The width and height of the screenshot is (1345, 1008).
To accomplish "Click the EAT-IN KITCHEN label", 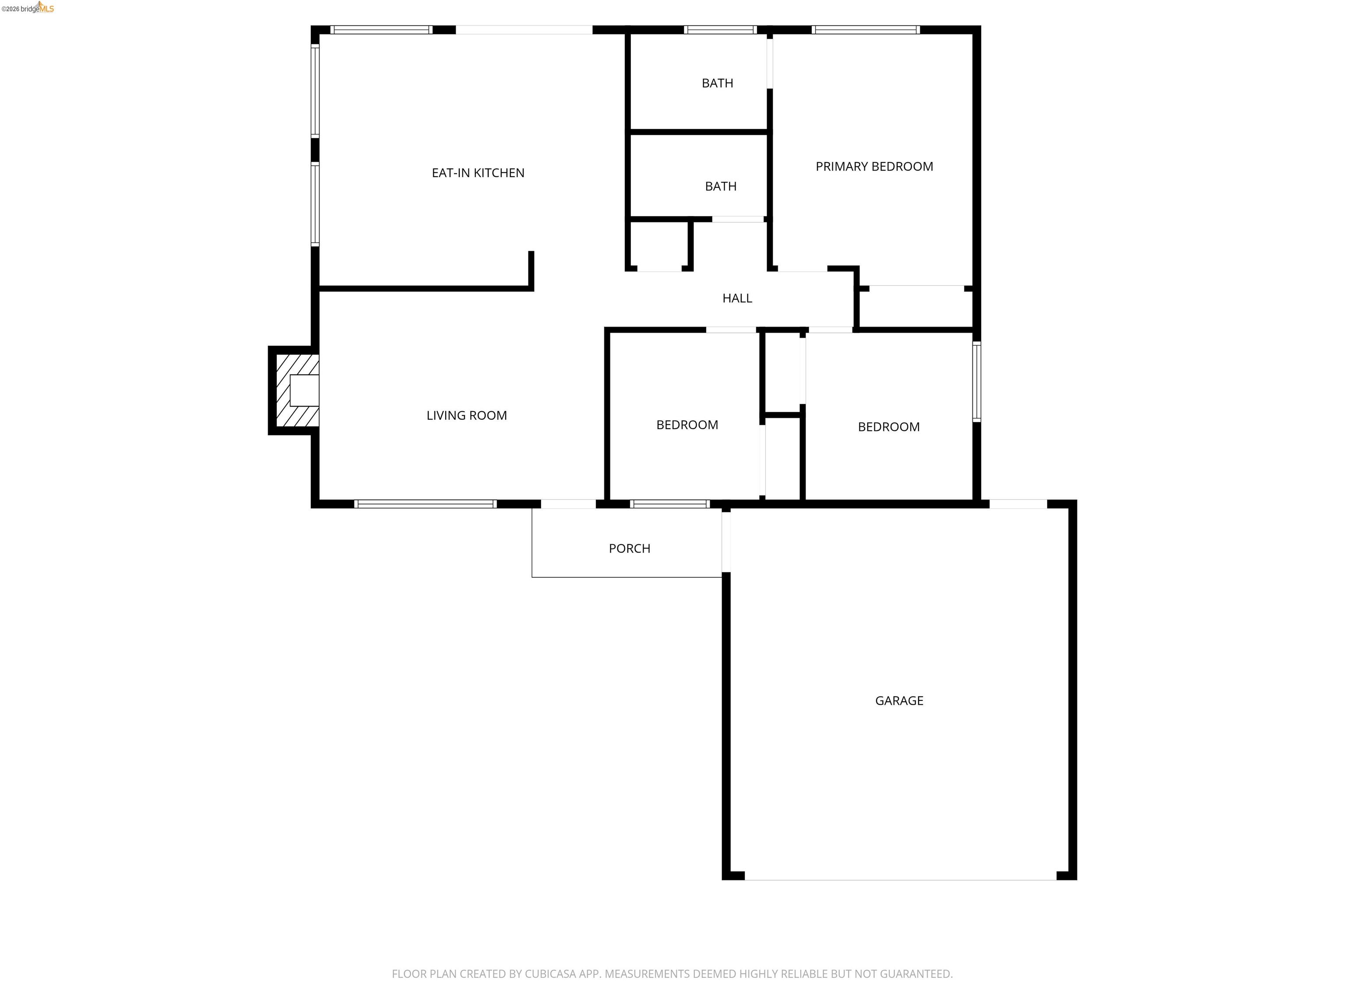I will point(478,173).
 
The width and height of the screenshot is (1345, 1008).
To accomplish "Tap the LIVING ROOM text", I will point(466,416).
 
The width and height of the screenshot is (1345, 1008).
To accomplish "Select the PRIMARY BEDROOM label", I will point(874,167).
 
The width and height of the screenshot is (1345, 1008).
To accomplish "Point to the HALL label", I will point(737,298).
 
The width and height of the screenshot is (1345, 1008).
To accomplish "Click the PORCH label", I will point(629,549).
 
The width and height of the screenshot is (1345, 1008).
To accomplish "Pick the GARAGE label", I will point(899,700).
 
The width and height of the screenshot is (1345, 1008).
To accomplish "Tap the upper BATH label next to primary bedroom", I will point(717,83).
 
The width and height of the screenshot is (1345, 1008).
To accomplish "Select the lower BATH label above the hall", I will point(721,186).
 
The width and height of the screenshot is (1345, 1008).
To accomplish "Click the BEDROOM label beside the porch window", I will point(687,425).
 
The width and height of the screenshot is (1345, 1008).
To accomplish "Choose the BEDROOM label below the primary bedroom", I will point(888,427).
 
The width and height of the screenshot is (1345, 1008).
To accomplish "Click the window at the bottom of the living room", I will point(425,504).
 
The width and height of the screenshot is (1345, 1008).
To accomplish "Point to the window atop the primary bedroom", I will point(865,30).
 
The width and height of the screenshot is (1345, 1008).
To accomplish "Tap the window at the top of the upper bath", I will point(720,30).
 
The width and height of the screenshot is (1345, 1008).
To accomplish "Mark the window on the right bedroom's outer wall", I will point(976,381).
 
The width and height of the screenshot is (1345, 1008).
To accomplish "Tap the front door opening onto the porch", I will point(568,504).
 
